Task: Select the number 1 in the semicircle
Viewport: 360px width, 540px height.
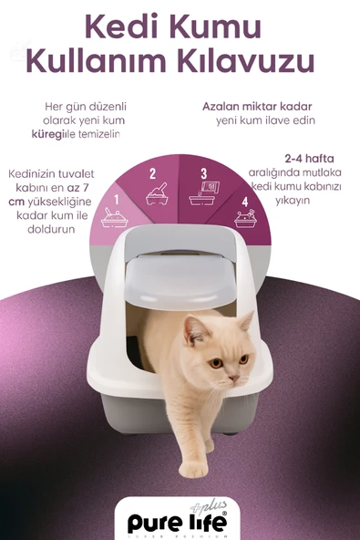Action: point(116,198)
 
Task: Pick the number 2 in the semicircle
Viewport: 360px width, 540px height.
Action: point(152,173)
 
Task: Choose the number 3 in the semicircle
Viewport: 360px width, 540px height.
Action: point(204,172)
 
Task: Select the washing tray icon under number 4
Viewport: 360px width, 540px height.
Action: point(244,219)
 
